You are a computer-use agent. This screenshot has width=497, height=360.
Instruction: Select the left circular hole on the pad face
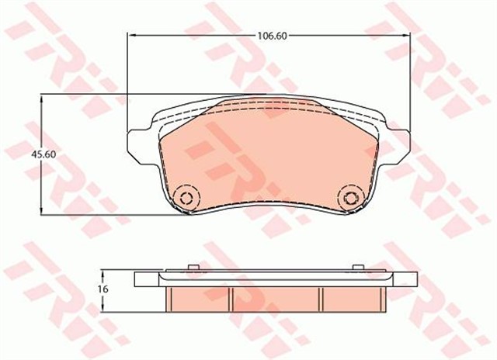185,197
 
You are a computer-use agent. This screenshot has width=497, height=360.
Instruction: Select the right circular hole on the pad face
350,197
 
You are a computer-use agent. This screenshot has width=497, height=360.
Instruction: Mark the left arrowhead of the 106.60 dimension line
130,36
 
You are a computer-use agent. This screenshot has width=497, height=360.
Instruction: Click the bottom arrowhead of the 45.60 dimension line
41,212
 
